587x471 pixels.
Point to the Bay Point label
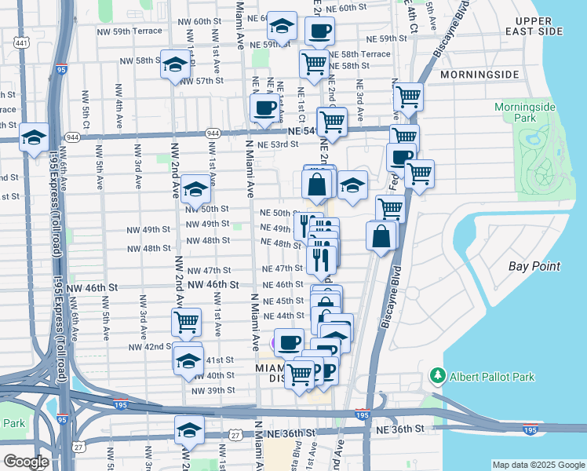pos(534,266)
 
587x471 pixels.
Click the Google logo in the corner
pos(26,462)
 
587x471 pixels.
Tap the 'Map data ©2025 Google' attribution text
pos(538,464)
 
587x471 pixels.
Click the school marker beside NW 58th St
pos(175,64)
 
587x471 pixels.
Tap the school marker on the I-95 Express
pos(35,137)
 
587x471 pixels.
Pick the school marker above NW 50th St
pos(195,189)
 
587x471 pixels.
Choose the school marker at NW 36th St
pos(189,429)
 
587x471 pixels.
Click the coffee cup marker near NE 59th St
pos(319,32)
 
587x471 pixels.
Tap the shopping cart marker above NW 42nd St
pos(187,320)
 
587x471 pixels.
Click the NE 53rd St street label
pos(282,144)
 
